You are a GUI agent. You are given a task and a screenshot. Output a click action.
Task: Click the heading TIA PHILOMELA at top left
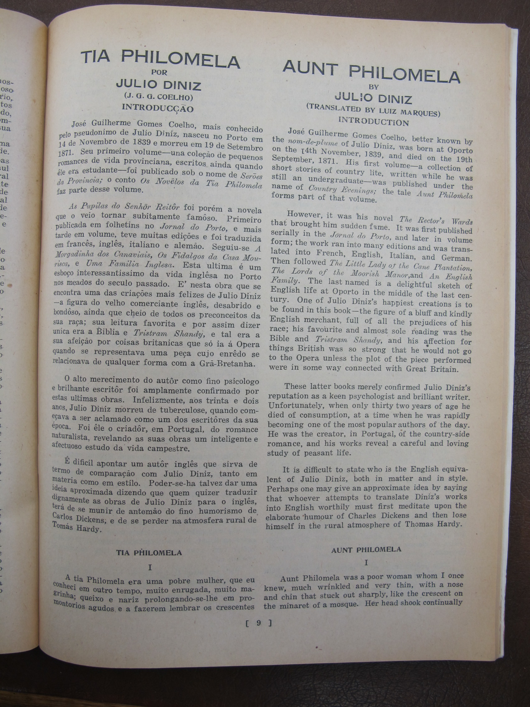tap(160, 59)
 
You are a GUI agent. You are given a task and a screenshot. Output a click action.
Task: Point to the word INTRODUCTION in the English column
tap(374, 121)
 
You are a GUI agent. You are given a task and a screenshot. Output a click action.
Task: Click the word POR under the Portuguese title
tap(159, 72)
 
